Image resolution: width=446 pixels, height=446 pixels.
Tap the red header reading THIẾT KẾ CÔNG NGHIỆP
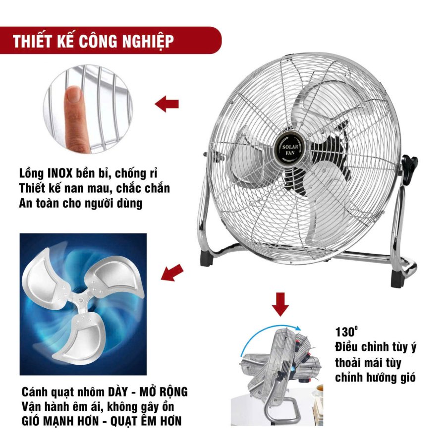[111, 41]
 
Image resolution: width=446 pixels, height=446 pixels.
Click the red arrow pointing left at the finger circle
[167, 104]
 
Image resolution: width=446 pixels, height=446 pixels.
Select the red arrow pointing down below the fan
[280, 304]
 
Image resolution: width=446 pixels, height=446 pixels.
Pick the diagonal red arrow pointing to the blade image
[172, 273]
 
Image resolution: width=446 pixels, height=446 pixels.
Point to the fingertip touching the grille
[74, 93]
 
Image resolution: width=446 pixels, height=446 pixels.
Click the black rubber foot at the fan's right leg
[398, 279]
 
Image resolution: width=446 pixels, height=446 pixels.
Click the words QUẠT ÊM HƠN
[146, 421]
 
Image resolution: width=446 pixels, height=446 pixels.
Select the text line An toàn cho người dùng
[80, 204]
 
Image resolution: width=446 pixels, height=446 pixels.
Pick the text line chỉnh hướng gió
[375, 378]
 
